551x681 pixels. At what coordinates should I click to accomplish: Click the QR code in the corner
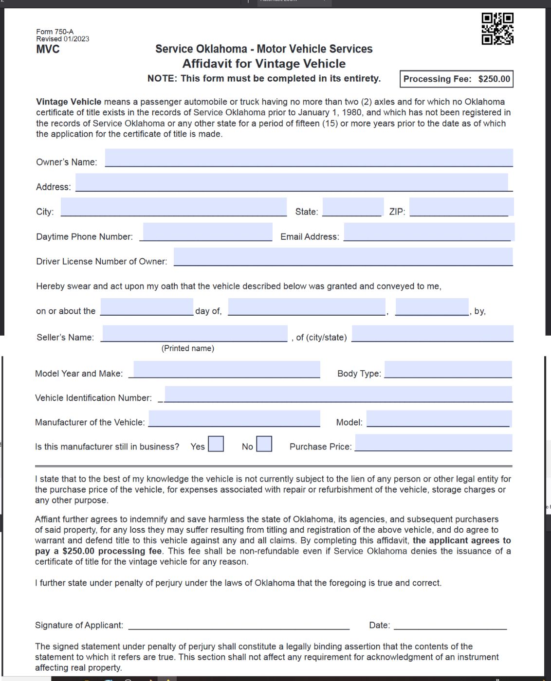[497, 29]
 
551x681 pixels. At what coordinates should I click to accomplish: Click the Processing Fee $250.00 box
[457, 79]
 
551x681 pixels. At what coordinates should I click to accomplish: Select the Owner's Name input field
[309, 158]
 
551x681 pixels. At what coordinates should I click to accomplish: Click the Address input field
[292, 182]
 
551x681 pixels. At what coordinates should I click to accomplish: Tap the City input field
[174, 207]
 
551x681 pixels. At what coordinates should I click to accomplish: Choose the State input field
[352, 207]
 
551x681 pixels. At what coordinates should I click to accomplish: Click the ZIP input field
[460, 207]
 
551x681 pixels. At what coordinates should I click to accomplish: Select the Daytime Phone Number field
[207, 232]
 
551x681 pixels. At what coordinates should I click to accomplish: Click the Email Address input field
[428, 232]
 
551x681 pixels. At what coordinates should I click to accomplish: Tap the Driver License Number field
[343, 257]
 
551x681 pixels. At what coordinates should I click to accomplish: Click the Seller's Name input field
[195, 334]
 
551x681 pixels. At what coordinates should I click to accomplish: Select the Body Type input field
[448, 370]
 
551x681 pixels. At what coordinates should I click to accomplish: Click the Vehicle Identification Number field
[338, 394]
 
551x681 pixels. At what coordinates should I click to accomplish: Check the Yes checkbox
[216, 444]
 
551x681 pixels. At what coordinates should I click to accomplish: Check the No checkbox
[264, 444]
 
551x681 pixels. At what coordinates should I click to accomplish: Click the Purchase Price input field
[433, 443]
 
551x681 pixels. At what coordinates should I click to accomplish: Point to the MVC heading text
[48, 49]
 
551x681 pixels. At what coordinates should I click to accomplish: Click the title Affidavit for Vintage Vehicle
[264, 64]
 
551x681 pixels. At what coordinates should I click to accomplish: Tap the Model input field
[439, 419]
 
